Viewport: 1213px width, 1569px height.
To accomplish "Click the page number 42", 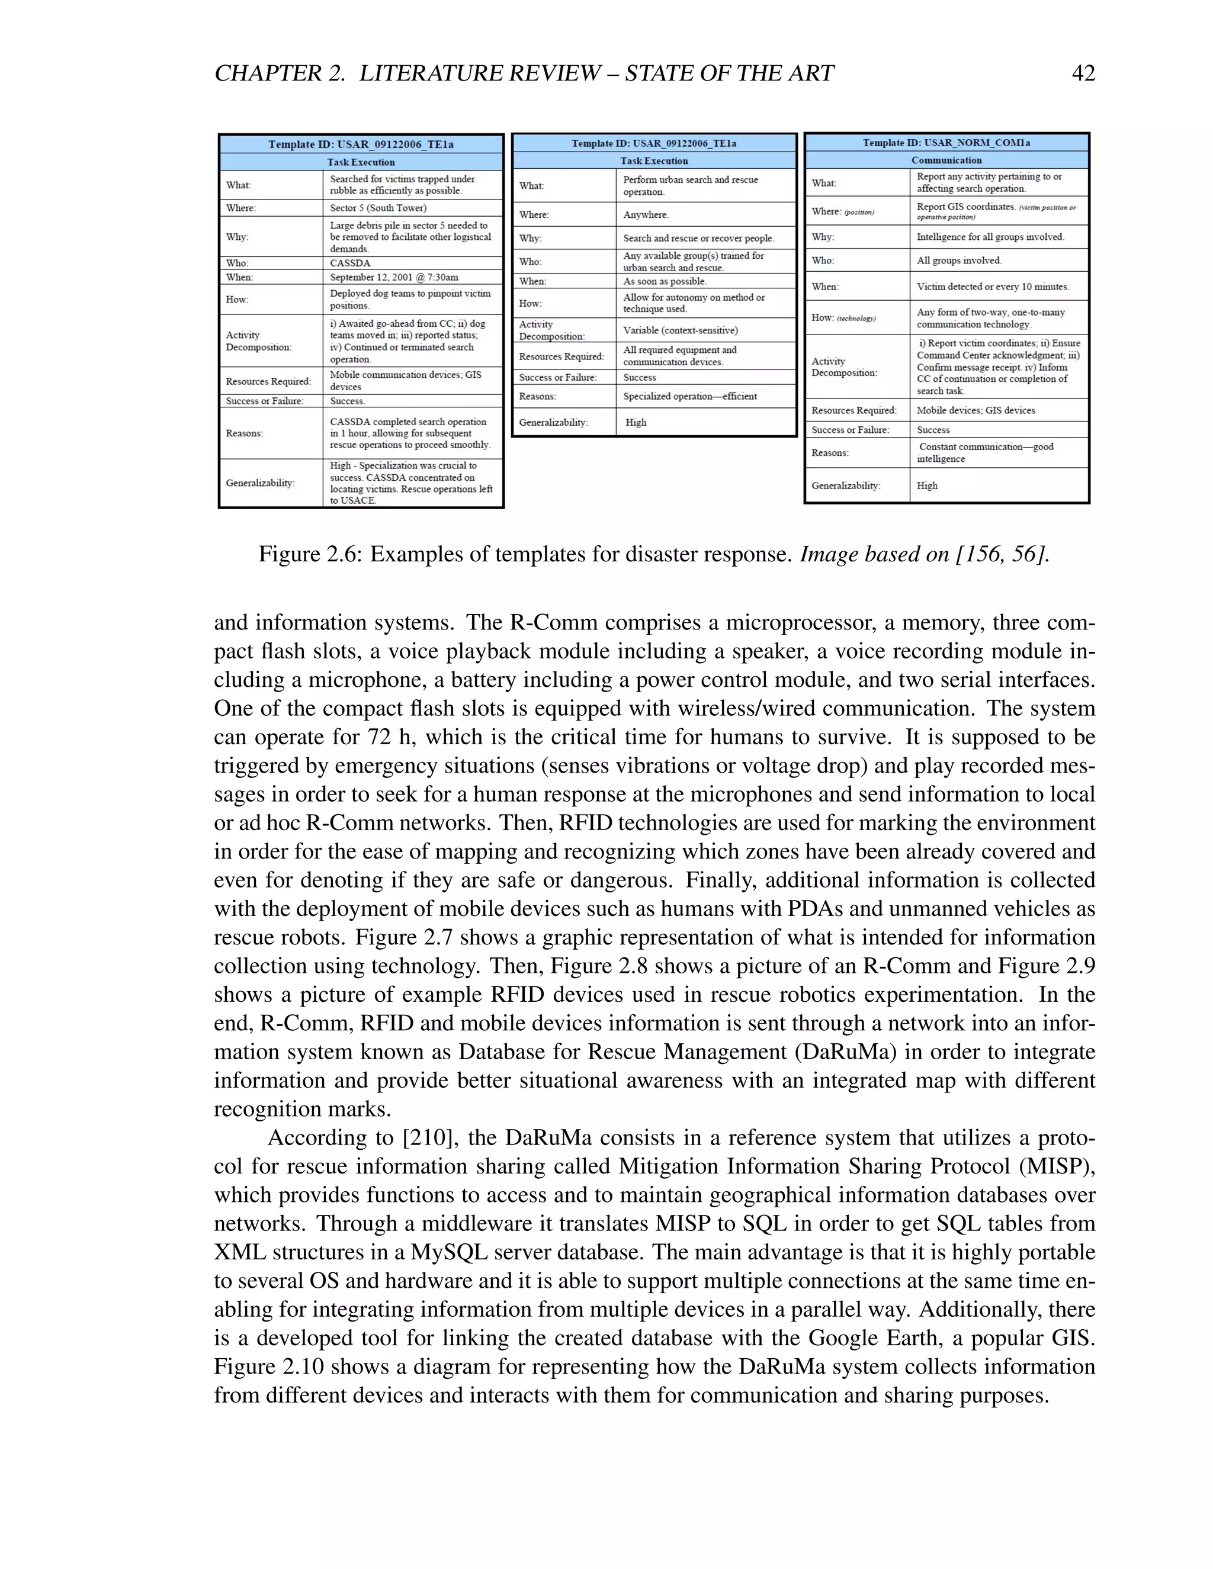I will (1083, 73).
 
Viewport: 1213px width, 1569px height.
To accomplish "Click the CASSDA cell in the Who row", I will (350, 263).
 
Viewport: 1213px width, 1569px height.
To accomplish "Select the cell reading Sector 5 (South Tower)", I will (378, 208).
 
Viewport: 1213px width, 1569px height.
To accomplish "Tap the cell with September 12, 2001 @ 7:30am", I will (394, 277).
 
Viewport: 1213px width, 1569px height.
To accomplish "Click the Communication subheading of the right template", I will (946, 160).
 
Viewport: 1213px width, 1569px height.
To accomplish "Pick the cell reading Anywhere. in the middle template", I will (646, 215).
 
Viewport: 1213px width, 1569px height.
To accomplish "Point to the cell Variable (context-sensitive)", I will (680, 330).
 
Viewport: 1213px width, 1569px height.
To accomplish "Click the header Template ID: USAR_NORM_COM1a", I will (946, 142).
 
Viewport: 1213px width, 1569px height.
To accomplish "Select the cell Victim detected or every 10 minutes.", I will (993, 287).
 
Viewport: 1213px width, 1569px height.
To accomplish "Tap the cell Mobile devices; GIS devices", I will (975, 410).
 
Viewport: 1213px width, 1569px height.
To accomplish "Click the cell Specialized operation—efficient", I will (689, 397).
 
